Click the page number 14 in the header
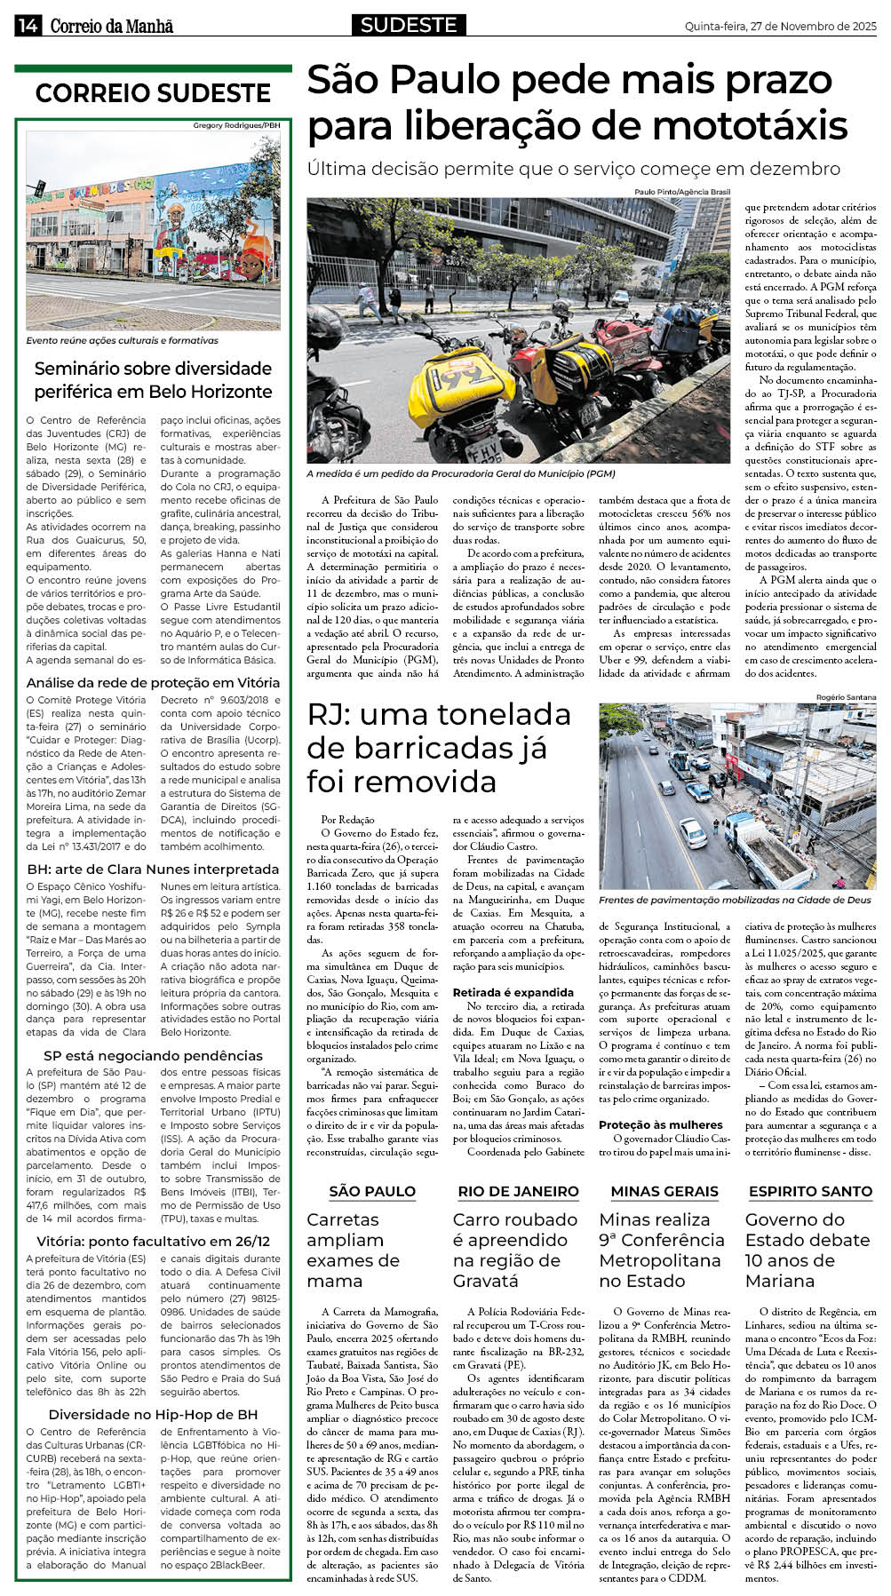point(27,26)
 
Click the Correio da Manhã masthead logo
point(111,27)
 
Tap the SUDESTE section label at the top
point(409,25)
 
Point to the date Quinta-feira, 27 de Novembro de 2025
point(780,27)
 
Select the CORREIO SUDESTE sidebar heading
point(153,93)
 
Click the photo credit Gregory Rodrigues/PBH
point(236,126)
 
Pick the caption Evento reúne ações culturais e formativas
point(122,340)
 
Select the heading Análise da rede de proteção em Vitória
point(153,682)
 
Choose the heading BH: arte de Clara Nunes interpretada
point(153,869)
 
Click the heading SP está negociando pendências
point(153,1055)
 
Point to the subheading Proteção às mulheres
point(661,1124)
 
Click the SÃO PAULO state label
point(372,1191)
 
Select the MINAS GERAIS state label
point(664,1191)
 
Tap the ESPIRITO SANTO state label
point(810,1191)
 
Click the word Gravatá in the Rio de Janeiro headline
point(485,1281)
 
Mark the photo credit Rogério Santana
point(846,697)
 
